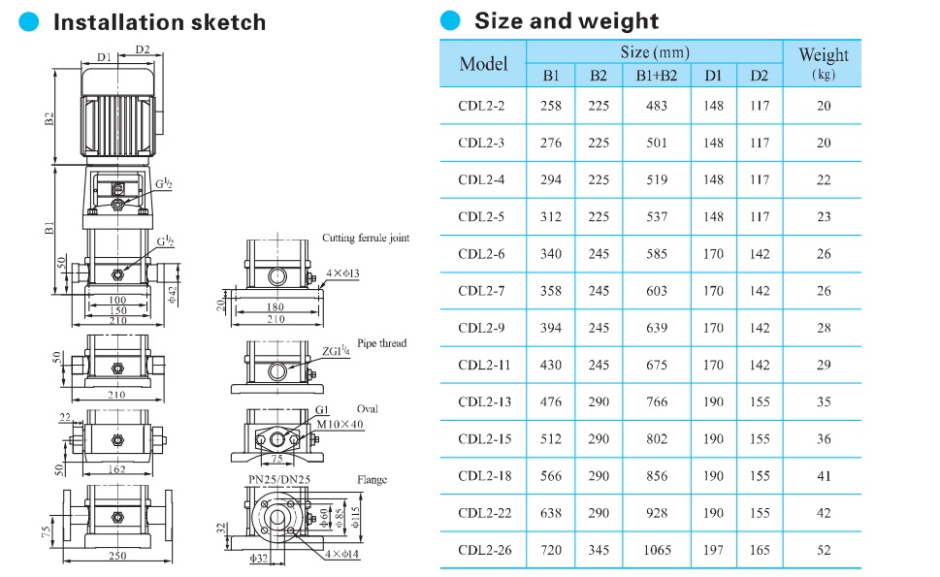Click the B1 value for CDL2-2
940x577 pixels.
tap(550, 106)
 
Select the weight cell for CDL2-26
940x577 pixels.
tap(823, 550)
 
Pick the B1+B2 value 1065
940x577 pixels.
tap(657, 550)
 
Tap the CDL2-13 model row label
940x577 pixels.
tap(484, 402)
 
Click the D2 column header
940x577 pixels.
tap(759, 76)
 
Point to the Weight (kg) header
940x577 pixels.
tap(823, 63)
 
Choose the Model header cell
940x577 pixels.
tap(483, 63)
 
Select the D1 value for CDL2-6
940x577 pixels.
tap(713, 254)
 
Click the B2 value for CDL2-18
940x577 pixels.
tap(599, 476)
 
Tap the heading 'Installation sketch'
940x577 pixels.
tap(159, 22)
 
